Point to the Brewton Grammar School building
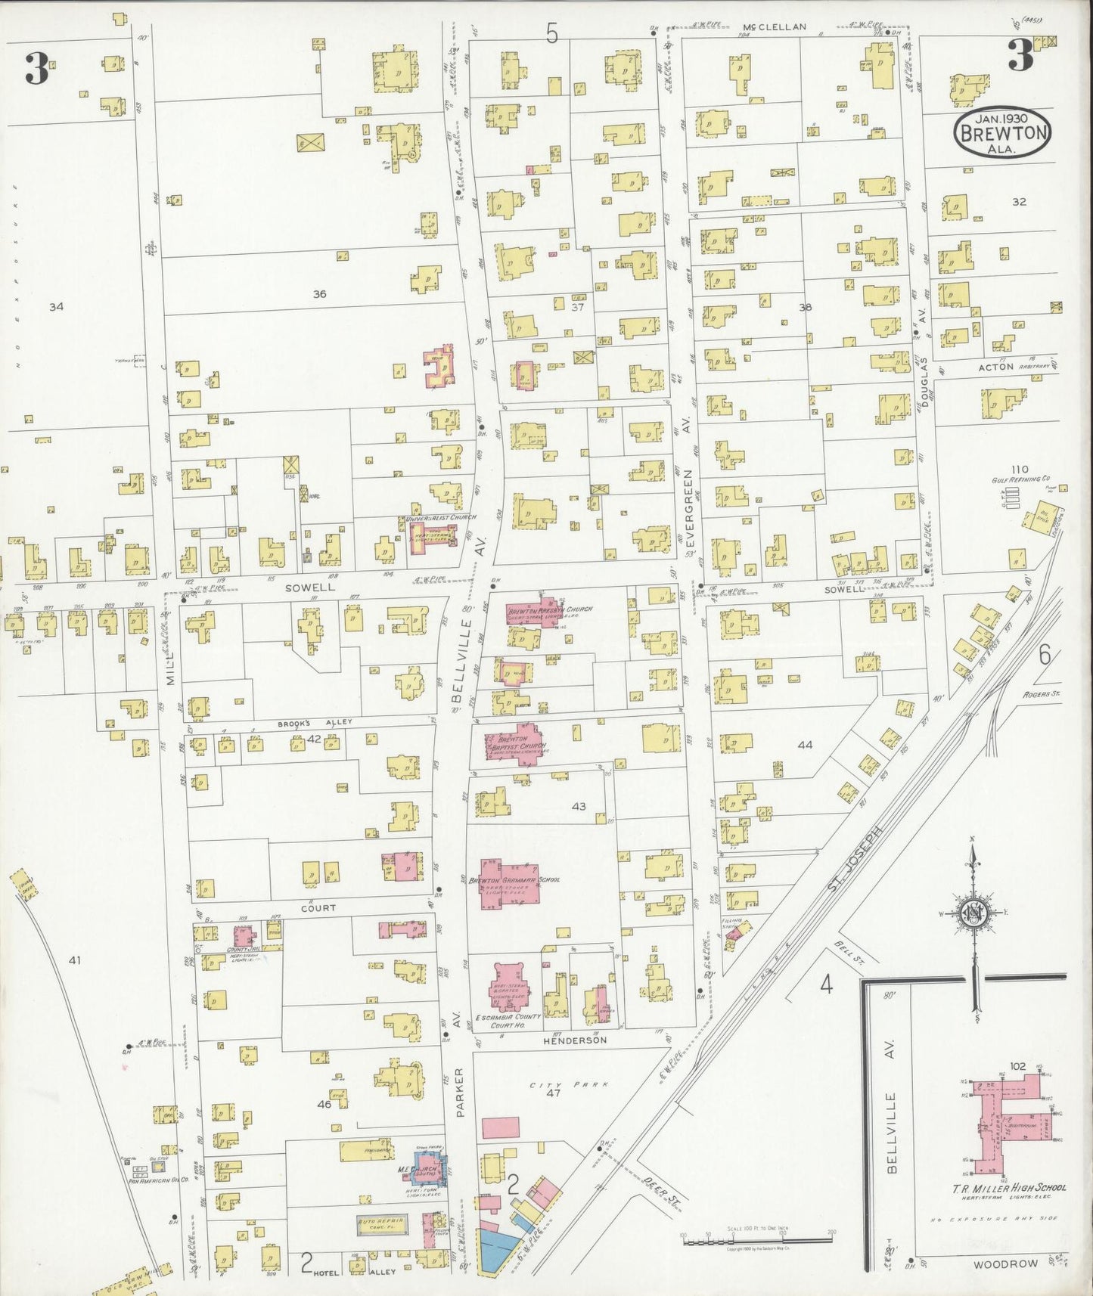point(510,882)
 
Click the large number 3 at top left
point(36,70)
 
